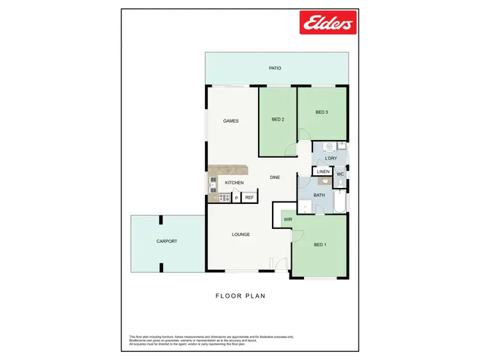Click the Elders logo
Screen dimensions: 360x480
tap(328, 24)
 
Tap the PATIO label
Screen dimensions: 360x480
tap(275, 68)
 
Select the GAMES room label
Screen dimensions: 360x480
tap(230, 121)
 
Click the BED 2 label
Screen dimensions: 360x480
tap(277, 120)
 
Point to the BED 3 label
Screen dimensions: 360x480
tap(321, 113)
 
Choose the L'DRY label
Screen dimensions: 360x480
tap(330, 158)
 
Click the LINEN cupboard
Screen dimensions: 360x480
tap(323, 171)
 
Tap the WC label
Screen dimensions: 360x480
tap(340, 173)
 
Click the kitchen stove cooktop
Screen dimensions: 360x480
tap(224, 198)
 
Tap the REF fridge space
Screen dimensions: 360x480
tap(249, 198)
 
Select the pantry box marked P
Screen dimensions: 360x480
tap(236, 198)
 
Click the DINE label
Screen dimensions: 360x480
tap(275, 177)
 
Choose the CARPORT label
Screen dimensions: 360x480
tap(166, 241)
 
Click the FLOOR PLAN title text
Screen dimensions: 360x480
tap(240, 296)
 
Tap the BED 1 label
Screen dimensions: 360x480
tap(319, 245)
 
